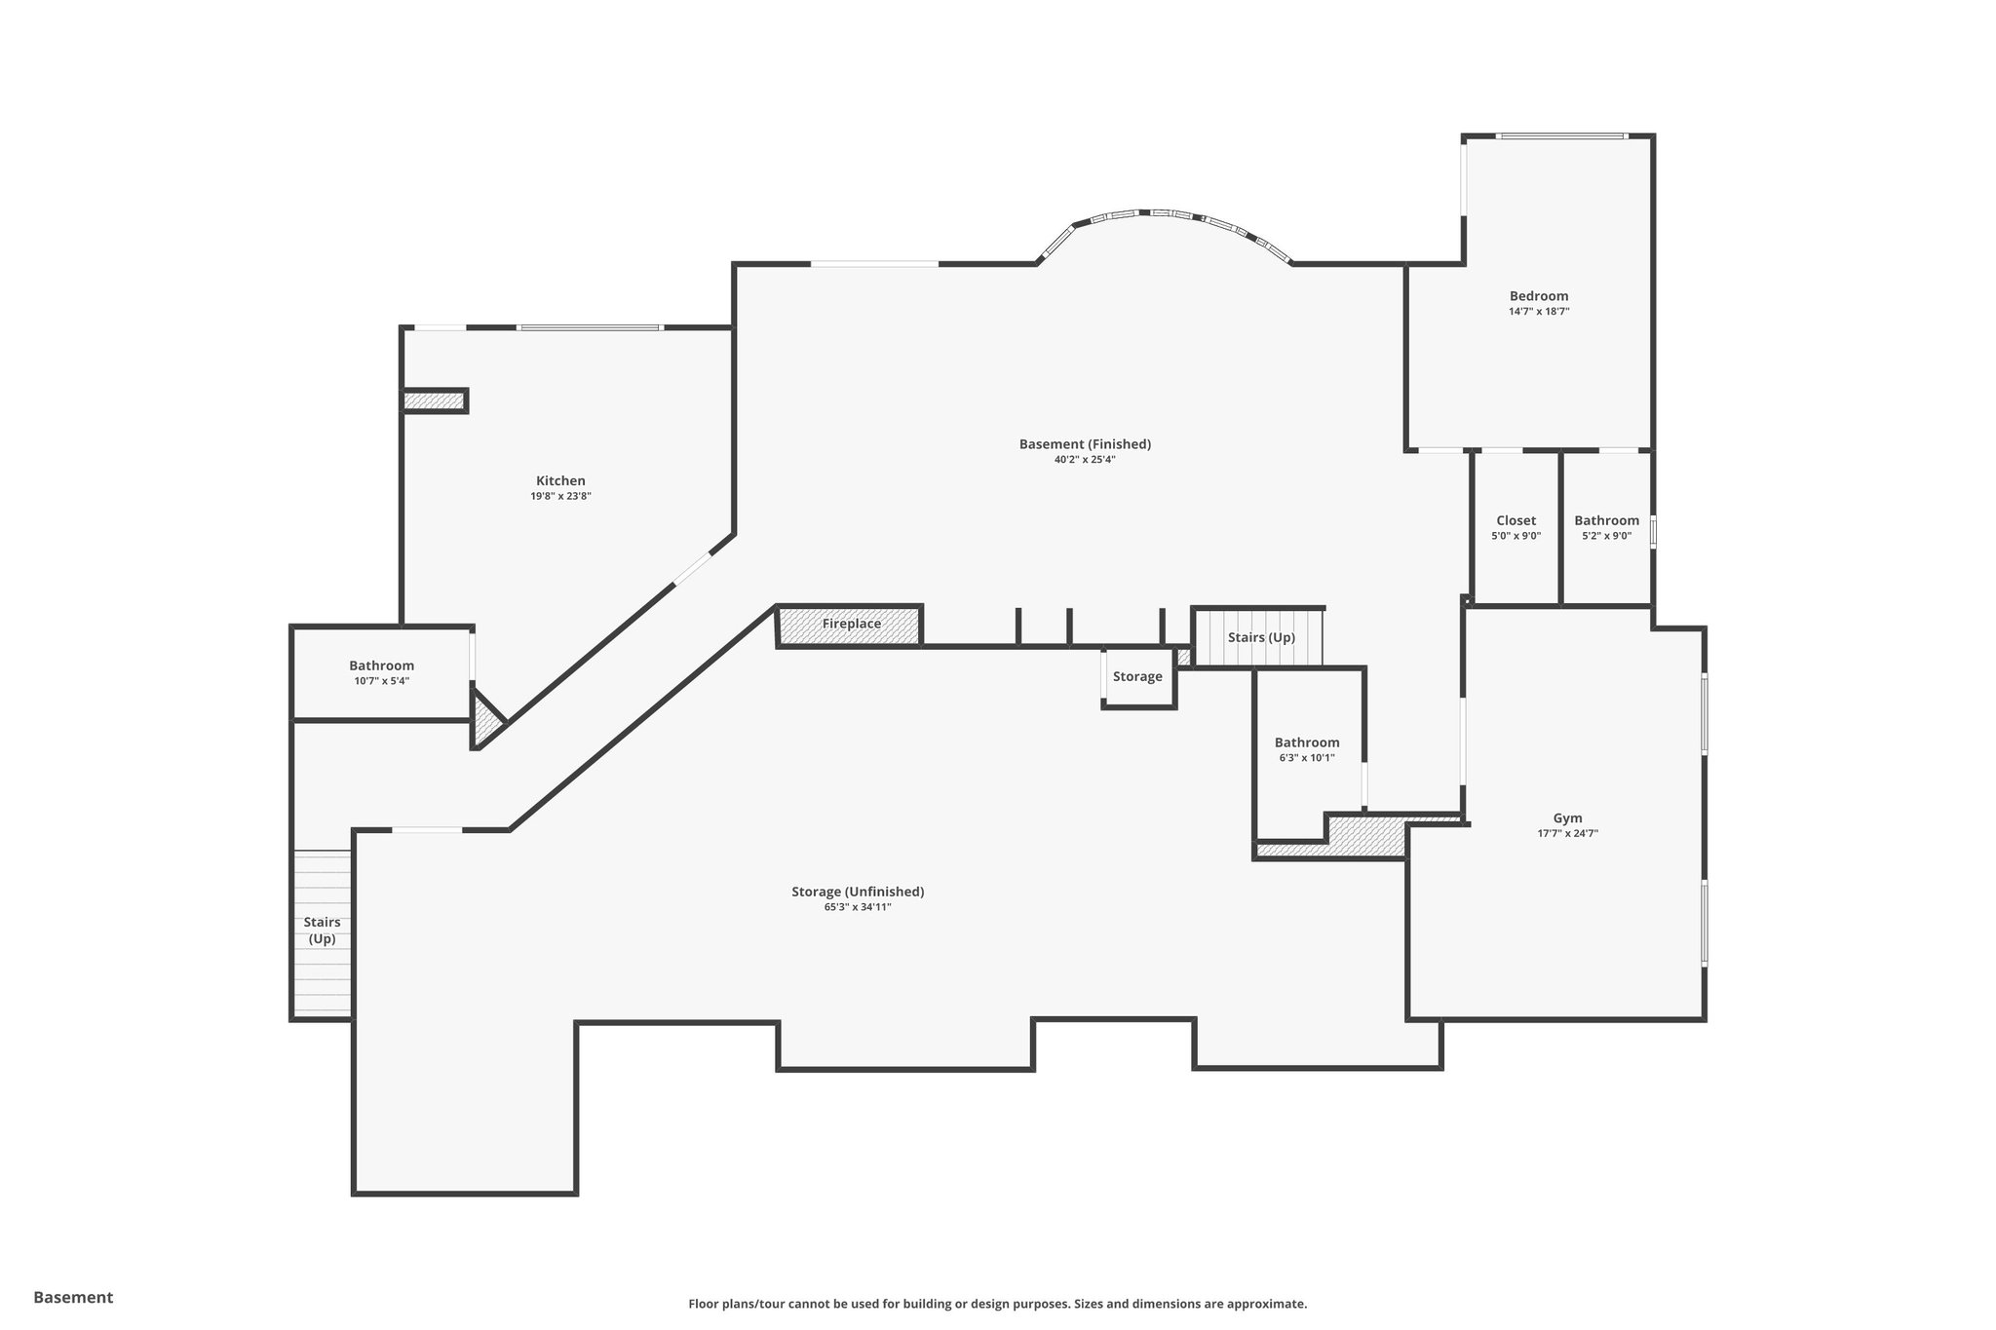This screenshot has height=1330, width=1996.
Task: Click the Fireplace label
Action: (x=851, y=625)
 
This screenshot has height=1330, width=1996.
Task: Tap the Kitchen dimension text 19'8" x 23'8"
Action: (x=560, y=497)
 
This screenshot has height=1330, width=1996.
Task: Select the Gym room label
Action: (x=1567, y=818)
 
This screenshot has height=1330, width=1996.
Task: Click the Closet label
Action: (x=1516, y=521)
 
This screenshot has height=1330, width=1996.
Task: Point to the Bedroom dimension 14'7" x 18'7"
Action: (x=1539, y=312)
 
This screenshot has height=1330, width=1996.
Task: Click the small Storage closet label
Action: (x=1137, y=677)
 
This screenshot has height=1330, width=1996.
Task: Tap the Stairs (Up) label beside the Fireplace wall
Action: (x=1260, y=638)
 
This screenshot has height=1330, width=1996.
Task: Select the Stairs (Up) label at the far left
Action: (x=322, y=931)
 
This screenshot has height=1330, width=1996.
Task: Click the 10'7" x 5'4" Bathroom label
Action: (x=381, y=666)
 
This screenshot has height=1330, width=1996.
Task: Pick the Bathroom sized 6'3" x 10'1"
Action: (x=1306, y=743)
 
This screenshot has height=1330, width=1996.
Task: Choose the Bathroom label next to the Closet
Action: (x=1606, y=521)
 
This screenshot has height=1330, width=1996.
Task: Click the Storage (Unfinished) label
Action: (x=858, y=892)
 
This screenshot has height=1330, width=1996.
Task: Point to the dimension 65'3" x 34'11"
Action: (x=858, y=907)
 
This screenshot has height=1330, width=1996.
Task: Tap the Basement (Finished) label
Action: (x=1085, y=444)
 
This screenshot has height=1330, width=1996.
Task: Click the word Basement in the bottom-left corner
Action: (x=73, y=1297)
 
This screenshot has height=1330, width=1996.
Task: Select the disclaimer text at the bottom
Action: (x=997, y=1304)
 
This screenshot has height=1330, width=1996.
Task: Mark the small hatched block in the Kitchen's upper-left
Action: (x=435, y=400)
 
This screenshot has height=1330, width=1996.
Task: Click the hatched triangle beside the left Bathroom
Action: (x=485, y=721)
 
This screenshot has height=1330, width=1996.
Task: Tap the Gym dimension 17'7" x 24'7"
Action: (x=1567, y=834)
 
